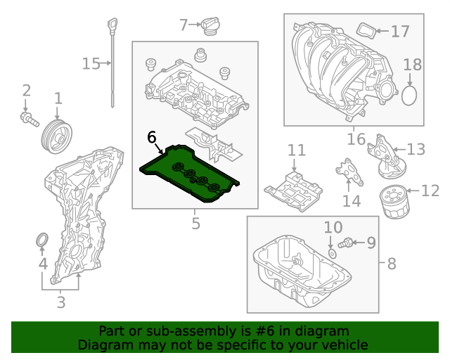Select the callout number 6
(x=152, y=137)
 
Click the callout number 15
(x=91, y=65)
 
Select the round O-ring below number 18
(x=411, y=94)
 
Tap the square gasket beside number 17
(x=365, y=31)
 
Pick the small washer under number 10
(x=330, y=252)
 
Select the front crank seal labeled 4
(x=41, y=242)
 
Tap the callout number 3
(x=60, y=303)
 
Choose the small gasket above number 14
(x=346, y=171)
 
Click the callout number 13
(x=416, y=149)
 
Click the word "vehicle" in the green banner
(x=342, y=345)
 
